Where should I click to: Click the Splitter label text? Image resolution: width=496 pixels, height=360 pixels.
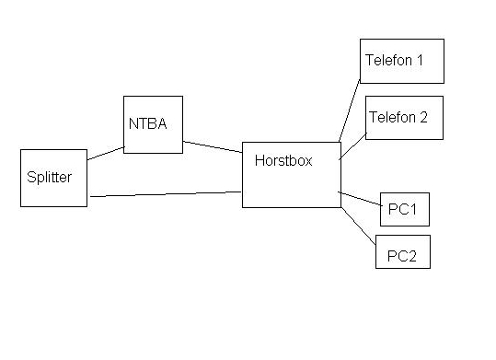[x=50, y=177]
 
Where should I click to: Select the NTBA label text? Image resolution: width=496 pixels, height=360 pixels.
[x=148, y=123]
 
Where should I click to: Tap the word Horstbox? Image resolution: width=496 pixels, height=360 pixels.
[x=283, y=160]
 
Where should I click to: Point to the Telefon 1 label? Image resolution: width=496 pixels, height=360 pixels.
[x=394, y=60]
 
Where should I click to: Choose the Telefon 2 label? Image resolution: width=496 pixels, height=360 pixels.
[x=398, y=117]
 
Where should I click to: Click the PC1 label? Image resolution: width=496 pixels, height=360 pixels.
[x=402, y=209]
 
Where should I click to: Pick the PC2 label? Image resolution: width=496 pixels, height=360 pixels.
[x=402, y=256]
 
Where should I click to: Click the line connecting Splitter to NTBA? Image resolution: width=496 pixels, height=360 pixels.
[x=106, y=153]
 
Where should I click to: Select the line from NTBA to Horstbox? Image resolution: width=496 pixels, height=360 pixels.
[x=213, y=147]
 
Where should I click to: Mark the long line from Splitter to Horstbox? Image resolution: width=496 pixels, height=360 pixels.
[x=166, y=194]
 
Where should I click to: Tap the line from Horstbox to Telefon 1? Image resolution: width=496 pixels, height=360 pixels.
[x=350, y=110]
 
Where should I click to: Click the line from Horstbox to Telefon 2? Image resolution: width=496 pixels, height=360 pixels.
[x=352, y=146]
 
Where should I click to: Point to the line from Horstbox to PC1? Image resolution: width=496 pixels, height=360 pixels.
[x=361, y=199]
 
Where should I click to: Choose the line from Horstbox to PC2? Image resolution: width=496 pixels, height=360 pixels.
[x=358, y=226]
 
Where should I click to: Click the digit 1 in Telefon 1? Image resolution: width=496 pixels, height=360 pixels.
[x=420, y=60]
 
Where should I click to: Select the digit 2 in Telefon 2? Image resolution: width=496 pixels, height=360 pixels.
[x=423, y=117]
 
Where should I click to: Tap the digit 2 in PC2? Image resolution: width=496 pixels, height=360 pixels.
[x=412, y=256]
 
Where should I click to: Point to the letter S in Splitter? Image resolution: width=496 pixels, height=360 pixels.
[x=30, y=177]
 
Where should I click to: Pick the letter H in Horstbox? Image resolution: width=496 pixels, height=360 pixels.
[x=260, y=160]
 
